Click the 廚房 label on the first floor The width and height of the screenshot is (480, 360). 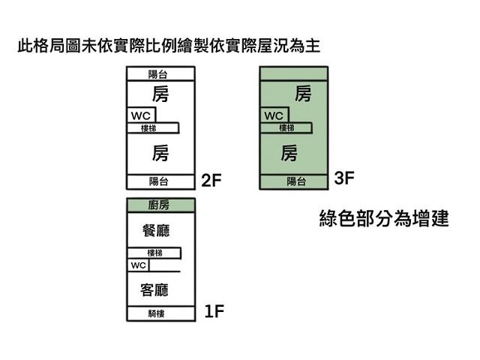[160, 205]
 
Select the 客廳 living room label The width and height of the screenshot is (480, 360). [155, 289]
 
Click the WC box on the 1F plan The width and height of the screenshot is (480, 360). [138, 265]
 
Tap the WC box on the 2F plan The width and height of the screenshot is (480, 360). [141, 115]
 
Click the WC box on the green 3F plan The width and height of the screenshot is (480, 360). [274, 115]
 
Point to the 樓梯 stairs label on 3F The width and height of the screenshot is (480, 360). [286, 127]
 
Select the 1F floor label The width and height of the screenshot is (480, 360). [214, 312]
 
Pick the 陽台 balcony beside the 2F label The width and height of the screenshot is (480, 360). [159, 181]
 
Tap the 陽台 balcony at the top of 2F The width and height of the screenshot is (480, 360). [159, 73]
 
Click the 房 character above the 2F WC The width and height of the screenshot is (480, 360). [160, 94]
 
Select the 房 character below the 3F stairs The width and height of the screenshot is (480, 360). [289, 154]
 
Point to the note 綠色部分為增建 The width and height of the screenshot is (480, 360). [383, 220]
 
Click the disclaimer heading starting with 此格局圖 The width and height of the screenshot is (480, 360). [169, 46]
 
